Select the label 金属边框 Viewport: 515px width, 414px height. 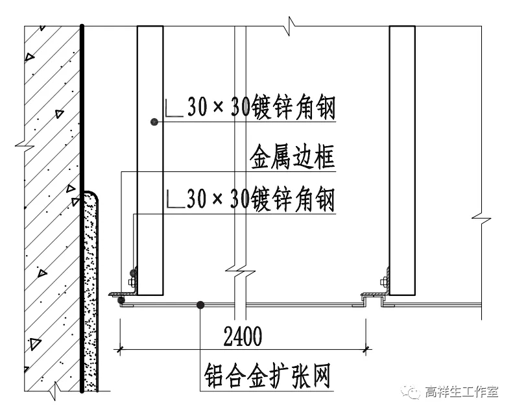click(x=293, y=157)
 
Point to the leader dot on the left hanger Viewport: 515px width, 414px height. click(x=154, y=121)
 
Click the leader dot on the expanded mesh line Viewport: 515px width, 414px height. click(x=201, y=304)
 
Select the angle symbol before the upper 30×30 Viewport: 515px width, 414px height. click(x=174, y=109)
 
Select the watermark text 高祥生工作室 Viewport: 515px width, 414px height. click(x=461, y=392)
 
